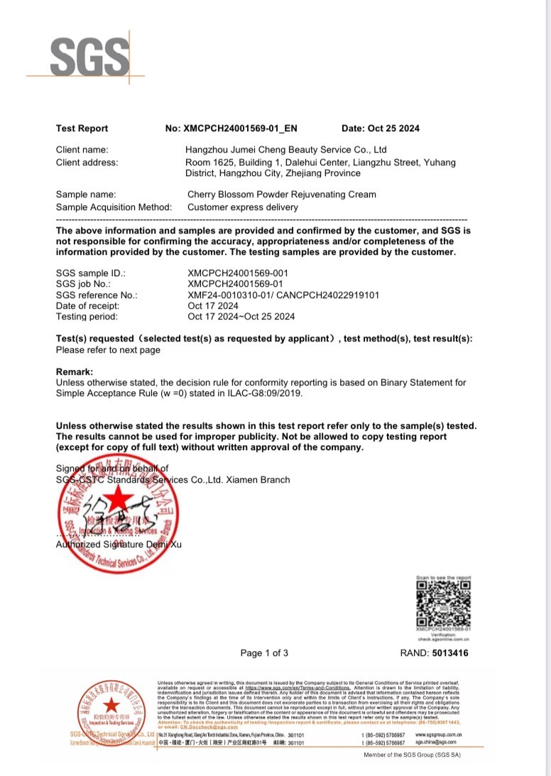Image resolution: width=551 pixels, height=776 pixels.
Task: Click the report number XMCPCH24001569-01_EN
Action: coord(241,129)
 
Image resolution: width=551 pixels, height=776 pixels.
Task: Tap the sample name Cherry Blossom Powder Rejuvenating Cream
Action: coord(281,195)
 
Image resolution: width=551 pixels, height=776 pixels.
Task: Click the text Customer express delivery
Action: coord(242,207)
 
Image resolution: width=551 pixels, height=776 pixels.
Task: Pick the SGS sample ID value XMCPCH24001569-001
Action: coord(238,273)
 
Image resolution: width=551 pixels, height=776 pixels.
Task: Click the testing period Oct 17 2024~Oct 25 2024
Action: coord(241,317)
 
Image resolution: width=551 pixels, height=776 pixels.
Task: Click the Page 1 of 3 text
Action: coord(264,653)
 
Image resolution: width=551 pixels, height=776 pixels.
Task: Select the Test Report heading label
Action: coord(82,129)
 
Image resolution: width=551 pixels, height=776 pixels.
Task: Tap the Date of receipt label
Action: coord(87,306)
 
